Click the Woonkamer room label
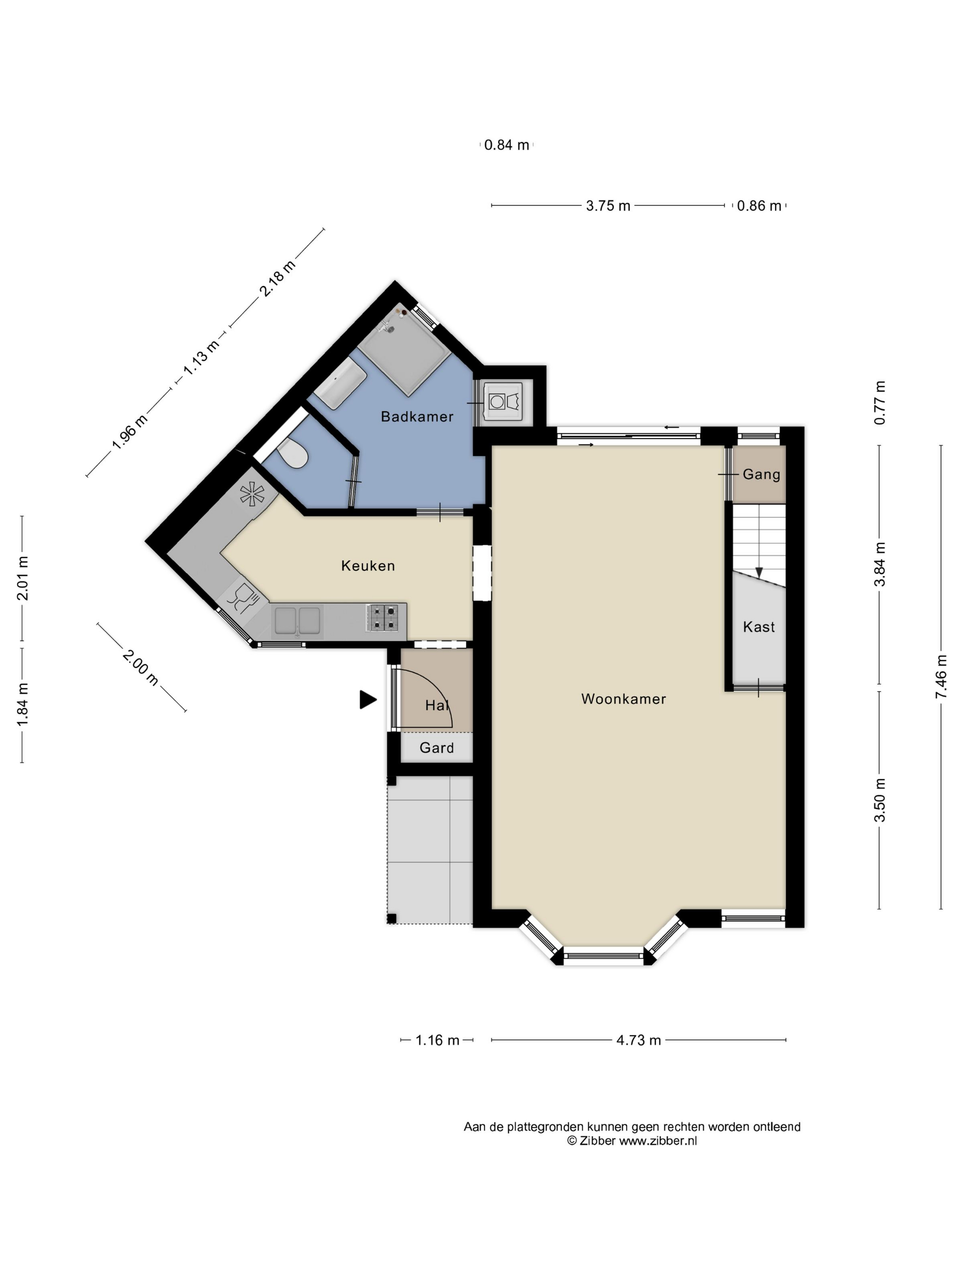pyautogui.click(x=623, y=699)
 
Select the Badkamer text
pyautogui.click(x=417, y=416)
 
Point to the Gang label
pyautogui.click(x=761, y=474)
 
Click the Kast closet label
pyautogui.click(x=758, y=627)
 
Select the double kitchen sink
pyautogui.click(x=297, y=620)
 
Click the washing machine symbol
pyautogui.click(x=502, y=400)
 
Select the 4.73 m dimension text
pyautogui.click(x=638, y=1040)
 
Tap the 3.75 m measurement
pyautogui.click(x=608, y=205)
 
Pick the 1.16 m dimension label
pyautogui.click(x=437, y=1040)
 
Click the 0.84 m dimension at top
pyautogui.click(x=507, y=145)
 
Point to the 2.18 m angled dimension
pyautogui.click(x=277, y=278)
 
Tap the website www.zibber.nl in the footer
pyautogui.click(x=658, y=1140)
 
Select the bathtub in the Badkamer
pyautogui.click(x=340, y=382)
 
